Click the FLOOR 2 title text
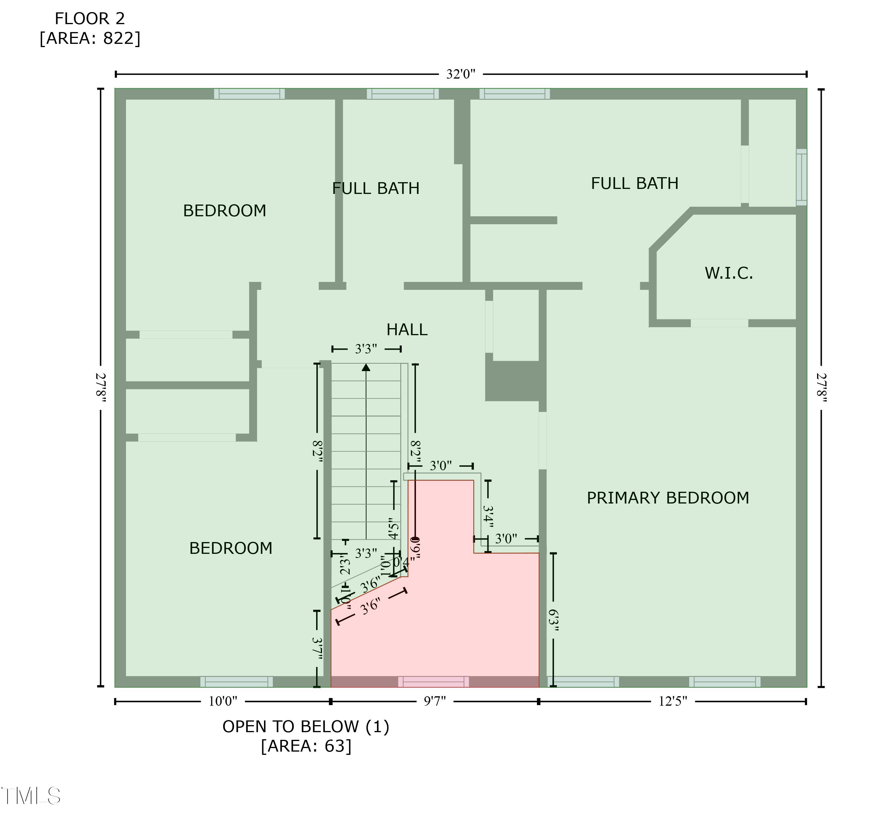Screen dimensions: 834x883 [89, 19]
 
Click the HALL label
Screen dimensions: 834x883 [406, 330]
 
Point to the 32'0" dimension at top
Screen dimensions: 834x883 [461, 74]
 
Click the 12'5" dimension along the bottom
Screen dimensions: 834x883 [672, 702]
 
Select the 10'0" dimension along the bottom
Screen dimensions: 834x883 [223, 702]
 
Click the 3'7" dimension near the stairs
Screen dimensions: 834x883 [317, 649]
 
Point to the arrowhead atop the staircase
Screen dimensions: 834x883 [366, 367]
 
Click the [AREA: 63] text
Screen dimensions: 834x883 [306, 746]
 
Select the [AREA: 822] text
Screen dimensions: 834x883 [90, 39]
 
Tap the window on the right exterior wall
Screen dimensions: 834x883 [801, 177]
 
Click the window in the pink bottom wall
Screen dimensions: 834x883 [433, 682]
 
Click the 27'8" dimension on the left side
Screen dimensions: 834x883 [101, 387]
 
